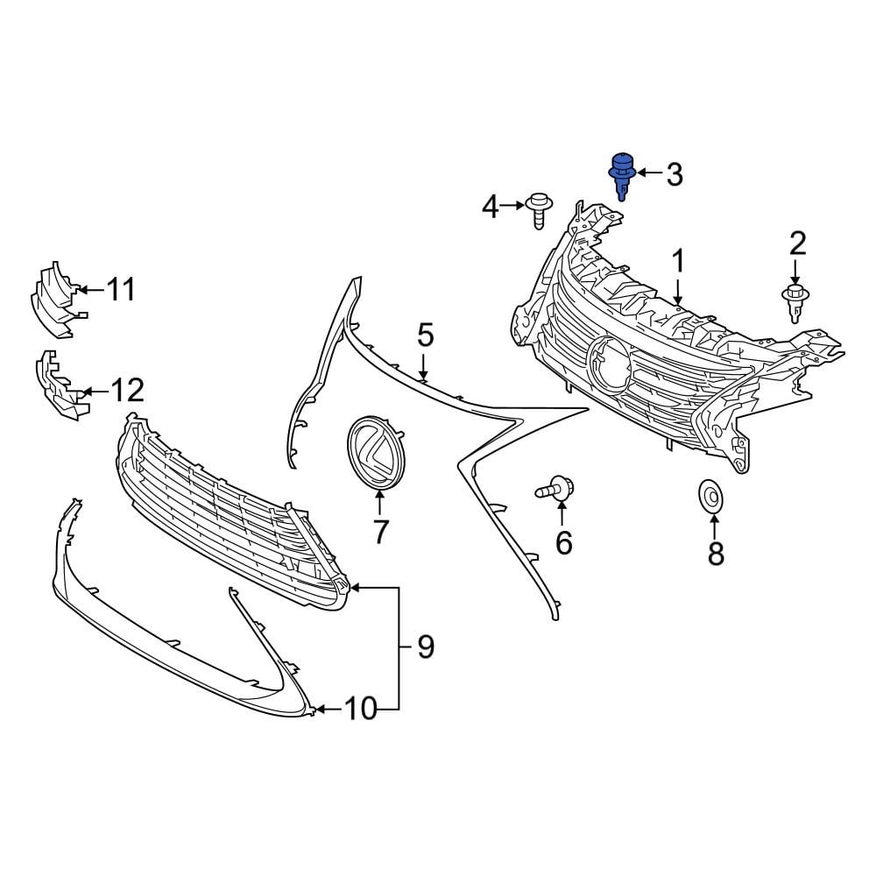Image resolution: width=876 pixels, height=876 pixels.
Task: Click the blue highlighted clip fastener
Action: pyautogui.click(x=621, y=174)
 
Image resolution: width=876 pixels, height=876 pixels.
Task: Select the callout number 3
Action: pyautogui.click(x=674, y=174)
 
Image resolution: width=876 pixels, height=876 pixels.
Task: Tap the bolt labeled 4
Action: pyautogui.click(x=538, y=209)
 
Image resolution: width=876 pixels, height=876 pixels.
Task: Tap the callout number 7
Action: pyautogui.click(x=380, y=531)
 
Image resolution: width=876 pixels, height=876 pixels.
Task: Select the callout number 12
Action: pyautogui.click(x=128, y=390)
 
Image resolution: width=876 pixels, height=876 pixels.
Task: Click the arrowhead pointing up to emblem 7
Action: pyautogui.click(x=379, y=497)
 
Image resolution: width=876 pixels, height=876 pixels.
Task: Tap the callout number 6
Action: pyautogui.click(x=563, y=543)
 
